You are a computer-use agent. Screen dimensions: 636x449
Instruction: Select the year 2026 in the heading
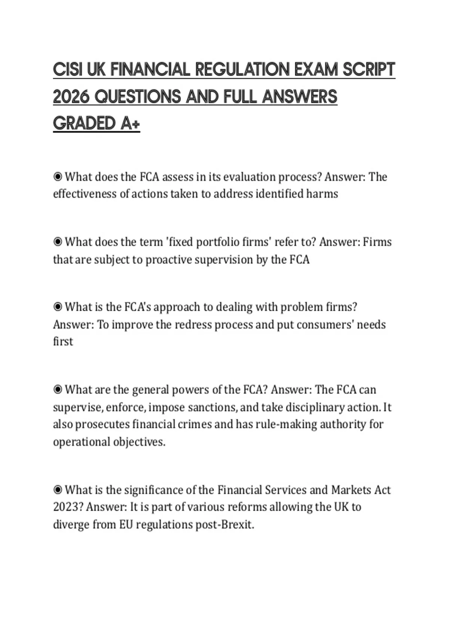[71, 97]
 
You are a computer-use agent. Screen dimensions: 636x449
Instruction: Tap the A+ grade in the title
[130, 124]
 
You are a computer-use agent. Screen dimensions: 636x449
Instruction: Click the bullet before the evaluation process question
[58, 177]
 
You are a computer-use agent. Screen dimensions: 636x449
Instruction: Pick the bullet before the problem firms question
[58, 307]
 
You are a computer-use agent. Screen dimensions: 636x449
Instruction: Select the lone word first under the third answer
[63, 342]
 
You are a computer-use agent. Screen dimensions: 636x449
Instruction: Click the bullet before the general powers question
[58, 390]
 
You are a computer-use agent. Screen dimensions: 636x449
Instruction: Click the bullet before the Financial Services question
[58, 490]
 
